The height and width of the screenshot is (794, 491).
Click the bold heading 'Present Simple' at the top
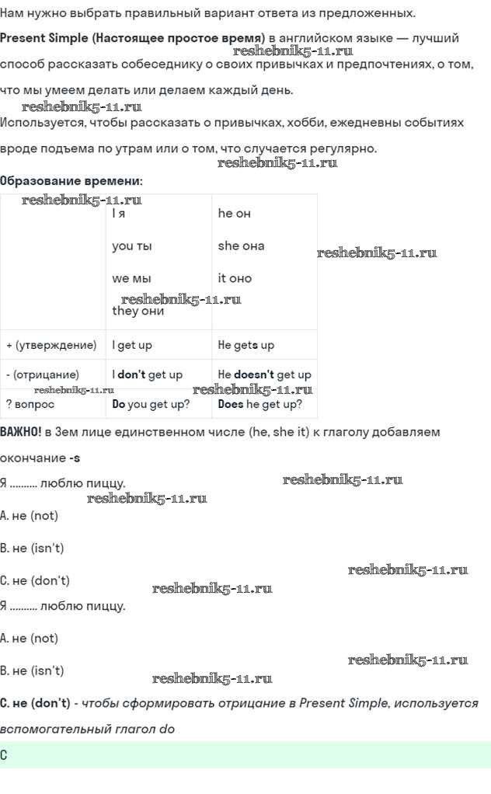pos(44,38)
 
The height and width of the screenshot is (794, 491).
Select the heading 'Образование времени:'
pos(71,181)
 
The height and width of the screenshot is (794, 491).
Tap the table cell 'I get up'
pos(132,346)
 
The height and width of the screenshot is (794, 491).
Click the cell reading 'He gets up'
pos(246,346)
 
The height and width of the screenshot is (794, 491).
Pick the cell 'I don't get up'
pos(148,374)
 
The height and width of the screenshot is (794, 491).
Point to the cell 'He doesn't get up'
pos(265,374)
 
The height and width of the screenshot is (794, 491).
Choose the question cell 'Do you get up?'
pos(151,404)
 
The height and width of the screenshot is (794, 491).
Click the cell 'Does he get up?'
pos(260,404)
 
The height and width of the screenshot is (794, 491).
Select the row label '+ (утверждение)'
pos(51,346)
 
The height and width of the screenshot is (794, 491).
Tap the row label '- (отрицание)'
pos(43,374)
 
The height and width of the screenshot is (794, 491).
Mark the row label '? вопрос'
pos(30,404)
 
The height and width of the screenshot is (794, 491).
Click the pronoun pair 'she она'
pos(241,246)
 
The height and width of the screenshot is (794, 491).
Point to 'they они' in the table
pos(138,311)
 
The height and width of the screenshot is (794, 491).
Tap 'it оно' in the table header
pos(235,278)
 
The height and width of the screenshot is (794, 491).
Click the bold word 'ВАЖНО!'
pos(21,432)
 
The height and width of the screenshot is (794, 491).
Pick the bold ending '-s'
pos(75,458)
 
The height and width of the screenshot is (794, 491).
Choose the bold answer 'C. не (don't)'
pos(36,703)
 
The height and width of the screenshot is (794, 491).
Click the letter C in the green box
pos(4,755)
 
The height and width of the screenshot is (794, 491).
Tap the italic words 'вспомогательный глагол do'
pos(87,730)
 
